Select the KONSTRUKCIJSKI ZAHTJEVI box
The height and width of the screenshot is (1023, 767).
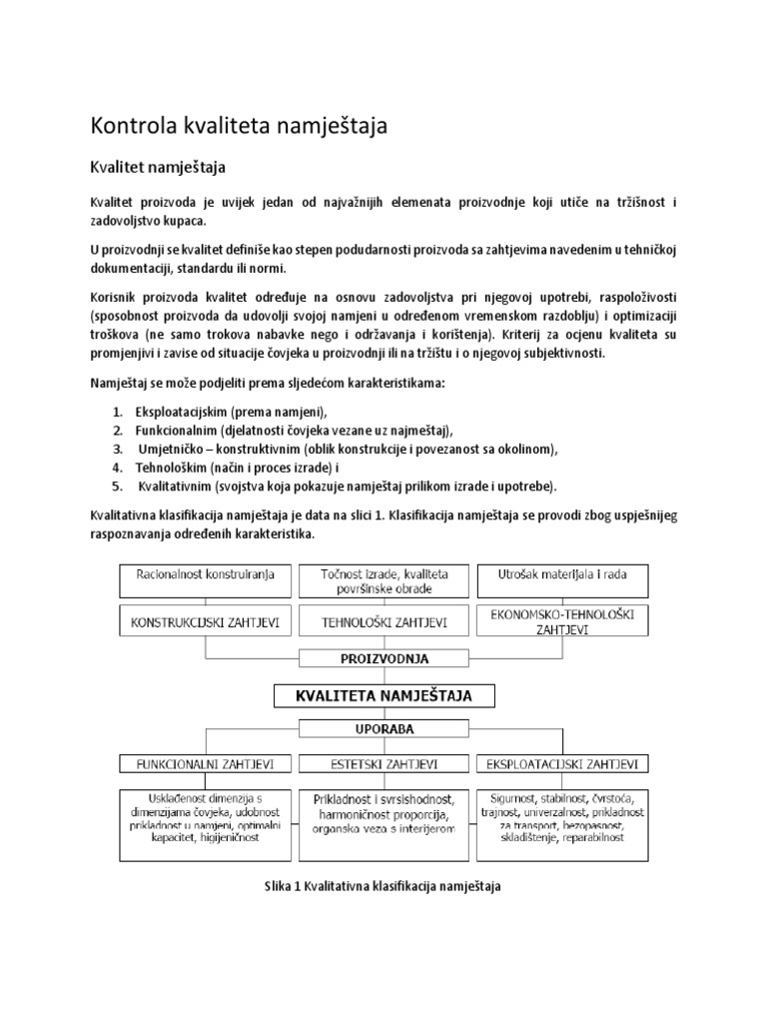tap(205, 622)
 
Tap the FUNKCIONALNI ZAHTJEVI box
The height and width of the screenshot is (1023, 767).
tap(205, 764)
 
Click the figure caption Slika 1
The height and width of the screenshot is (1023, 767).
tap(383, 886)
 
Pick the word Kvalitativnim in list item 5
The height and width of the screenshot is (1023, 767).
tap(183, 486)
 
